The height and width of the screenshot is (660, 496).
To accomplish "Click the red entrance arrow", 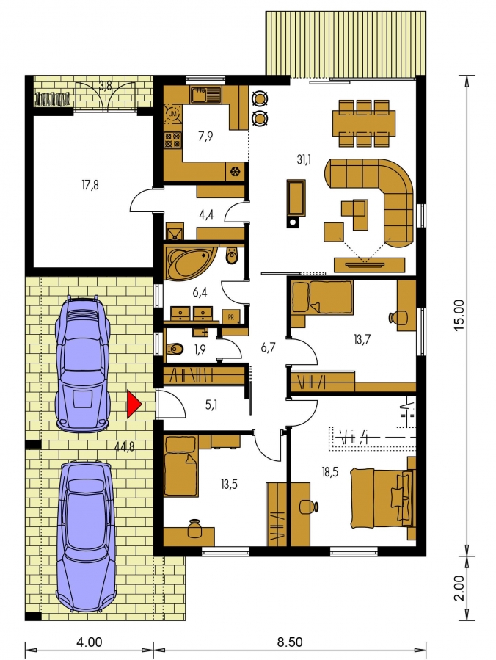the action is pos(134,404).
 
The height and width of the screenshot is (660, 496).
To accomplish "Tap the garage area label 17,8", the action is pos(90,184).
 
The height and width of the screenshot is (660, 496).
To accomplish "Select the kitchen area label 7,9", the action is pos(205,137).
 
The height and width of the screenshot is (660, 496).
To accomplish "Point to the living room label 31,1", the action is pos(304,159).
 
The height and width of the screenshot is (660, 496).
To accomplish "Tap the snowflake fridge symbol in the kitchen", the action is pos(235,171).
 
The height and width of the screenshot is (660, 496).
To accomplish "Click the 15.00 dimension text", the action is pos(459,314).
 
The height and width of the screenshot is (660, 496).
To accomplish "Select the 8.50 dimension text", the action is pos(289,642).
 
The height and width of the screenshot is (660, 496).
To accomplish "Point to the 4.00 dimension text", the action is pos(89,642).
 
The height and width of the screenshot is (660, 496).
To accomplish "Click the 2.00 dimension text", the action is pos(459,587).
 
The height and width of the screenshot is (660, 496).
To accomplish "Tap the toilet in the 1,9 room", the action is pos(175,349).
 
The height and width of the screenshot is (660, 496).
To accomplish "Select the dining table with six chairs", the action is pos(364,123).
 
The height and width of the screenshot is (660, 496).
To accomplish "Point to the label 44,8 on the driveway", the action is pos(125,446).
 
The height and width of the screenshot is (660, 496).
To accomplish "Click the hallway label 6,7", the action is pos(268,348).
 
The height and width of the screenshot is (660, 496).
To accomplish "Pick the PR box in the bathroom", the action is pos(230,317).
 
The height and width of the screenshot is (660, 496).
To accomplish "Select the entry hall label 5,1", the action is pos(211,405).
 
